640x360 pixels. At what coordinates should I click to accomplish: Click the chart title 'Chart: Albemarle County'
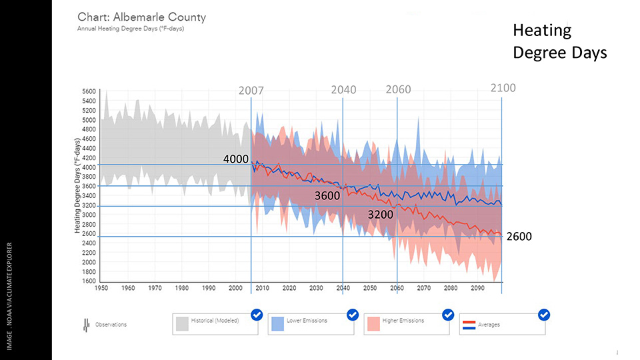pos(141,17)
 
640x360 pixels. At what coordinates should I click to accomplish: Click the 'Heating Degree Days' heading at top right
pos(559,41)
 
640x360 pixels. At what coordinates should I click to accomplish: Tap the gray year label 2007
pos(251,90)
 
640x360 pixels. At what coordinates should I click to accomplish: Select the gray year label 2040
pos(343,90)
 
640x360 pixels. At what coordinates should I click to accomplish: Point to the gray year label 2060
pos(398,90)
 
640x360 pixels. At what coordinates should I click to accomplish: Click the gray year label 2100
pos(503,87)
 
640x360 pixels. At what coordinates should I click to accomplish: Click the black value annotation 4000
pos(236,159)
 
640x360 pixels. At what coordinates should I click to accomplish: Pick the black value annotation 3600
pos(327,196)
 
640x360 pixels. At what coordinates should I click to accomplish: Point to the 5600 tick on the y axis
pos(89,92)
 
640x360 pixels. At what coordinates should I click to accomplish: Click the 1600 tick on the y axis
pos(89,281)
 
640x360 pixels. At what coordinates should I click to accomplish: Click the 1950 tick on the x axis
pos(101,288)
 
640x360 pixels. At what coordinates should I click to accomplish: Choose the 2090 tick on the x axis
pos(477,288)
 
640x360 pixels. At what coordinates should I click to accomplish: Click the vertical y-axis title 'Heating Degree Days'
pos(77,186)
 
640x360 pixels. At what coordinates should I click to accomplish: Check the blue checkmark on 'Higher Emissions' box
pos(448,315)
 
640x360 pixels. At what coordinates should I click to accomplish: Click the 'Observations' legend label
pos(111,325)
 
